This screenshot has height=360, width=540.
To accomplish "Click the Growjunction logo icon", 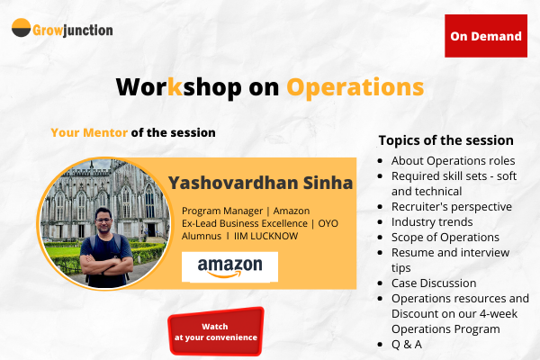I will point(22,29).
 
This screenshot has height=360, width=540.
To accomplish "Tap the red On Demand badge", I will point(486,36).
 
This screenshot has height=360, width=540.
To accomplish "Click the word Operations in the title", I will point(355,86).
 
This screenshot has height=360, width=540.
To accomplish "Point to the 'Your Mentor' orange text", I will point(89,131).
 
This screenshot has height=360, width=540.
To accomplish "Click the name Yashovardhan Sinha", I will point(260,184).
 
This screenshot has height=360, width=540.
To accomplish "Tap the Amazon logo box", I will point(229,266).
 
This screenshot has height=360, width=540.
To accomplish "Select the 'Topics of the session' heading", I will point(445,140).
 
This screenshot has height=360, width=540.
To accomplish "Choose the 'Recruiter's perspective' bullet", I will point(451,206).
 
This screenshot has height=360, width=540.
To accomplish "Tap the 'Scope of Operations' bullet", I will point(445,237).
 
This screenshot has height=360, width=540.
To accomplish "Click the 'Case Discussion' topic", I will point(434,283).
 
